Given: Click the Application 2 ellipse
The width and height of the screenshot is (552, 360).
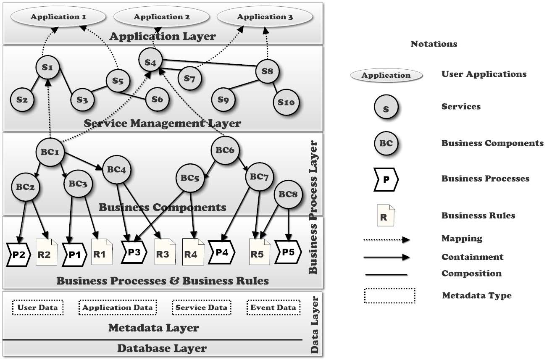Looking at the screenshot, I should click(x=162, y=17).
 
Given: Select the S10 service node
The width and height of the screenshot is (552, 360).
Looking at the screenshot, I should click(x=286, y=102).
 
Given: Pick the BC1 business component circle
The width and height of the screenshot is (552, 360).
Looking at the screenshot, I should click(x=50, y=152).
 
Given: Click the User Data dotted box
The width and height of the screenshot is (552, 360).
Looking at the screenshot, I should click(x=38, y=307).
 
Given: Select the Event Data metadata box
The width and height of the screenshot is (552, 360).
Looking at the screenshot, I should click(x=273, y=307).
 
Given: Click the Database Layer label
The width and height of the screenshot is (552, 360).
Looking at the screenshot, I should click(x=162, y=348).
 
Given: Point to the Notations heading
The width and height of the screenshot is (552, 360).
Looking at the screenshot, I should click(x=434, y=44).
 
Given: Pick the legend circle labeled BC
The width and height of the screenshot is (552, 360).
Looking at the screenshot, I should click(x=386, y=143).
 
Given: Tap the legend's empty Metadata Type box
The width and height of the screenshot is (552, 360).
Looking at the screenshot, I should click(x=389, y=296).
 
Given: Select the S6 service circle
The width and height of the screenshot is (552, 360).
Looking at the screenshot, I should click(x=157, y=100).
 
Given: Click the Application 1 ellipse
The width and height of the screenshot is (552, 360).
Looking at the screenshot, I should click(x=59, y=17).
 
